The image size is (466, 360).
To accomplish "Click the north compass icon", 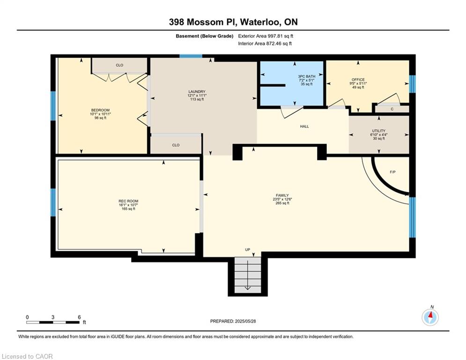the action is pos(430,317).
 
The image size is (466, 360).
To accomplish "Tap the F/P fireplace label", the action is pos(392,172).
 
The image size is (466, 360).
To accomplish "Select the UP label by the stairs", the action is pos(248,250).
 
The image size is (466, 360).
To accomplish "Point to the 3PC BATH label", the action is pos(307,76).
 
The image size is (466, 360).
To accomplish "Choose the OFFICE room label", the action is pos(358,80).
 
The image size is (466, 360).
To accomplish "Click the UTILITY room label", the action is pos(378,131).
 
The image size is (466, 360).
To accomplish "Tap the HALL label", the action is pos(304,127).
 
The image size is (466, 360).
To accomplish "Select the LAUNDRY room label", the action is pos(197,91).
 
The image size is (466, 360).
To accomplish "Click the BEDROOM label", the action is pos(100,110).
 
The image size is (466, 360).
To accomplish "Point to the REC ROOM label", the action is pos(128,201).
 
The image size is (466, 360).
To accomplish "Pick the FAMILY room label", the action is pos(282,195).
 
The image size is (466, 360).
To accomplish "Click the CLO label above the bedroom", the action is pos(119,65).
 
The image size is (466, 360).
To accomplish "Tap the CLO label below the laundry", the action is pos(176,145).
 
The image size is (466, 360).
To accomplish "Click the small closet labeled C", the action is pos(392,109).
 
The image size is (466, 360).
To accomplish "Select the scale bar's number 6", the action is pos(79,317).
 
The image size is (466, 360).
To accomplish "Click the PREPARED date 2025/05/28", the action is pos(245,321).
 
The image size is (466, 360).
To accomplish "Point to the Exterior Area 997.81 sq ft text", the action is pos(266,36).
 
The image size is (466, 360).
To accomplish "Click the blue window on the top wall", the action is pos(191,56).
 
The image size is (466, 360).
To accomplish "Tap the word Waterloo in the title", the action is pos(259,22).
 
